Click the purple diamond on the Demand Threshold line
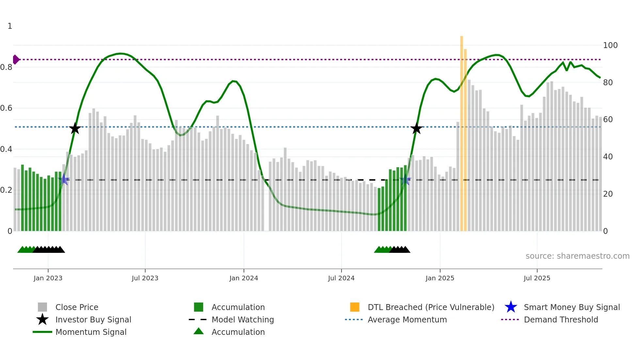(x=16, y=59)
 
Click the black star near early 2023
(x=75, y=128)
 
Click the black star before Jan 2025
(x=416, y=128)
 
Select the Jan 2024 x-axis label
(x=244, y=278)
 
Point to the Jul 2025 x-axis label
(x=537, y=278)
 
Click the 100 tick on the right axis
(x=610, y=45)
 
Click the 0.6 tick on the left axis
(x=6, y=108)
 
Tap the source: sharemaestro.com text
(x=577, y=256)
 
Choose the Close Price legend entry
(x=77, y=307)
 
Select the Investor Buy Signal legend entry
(x=93, y=319)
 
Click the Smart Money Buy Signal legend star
(x=511, y=307)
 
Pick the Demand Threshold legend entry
(x=561, y=319)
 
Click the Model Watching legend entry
(x=242, y=319)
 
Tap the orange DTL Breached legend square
(x=355, y=307)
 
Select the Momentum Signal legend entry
(x=91, y=332)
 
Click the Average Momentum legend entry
(x=407, y=319)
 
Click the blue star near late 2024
(x=405, y=180)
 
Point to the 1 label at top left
(x=10, y=26)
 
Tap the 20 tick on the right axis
(x=608, y=194)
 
